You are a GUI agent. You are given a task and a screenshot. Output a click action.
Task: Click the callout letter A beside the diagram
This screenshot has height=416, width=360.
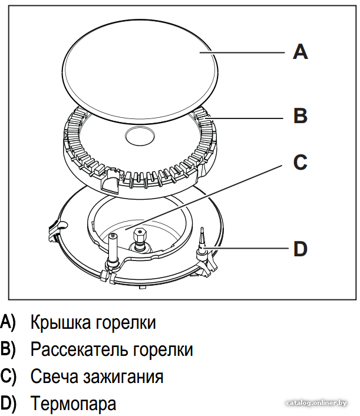(300, 52)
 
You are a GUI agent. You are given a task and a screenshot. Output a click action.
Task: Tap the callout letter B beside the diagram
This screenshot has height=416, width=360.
(300, 115)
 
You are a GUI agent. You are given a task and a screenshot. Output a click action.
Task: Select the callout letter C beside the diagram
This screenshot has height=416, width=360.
(300, 162)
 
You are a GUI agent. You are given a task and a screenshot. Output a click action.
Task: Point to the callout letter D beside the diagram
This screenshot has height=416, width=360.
(300, 249)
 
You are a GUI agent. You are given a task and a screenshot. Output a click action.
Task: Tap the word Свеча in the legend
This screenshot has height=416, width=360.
(54, 376)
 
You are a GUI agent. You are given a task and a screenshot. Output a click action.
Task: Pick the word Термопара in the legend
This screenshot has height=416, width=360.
(73, 404)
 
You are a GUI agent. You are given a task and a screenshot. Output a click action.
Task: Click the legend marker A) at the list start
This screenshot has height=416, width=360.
(8, 322)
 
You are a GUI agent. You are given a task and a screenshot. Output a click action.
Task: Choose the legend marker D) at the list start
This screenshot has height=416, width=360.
(8, 404)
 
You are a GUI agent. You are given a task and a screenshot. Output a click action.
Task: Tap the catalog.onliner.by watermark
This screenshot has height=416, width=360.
(316, 403)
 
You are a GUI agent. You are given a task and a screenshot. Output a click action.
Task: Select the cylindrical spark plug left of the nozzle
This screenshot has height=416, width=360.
(113, 249)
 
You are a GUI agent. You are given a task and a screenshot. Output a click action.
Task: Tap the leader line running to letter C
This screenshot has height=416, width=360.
(204, 197)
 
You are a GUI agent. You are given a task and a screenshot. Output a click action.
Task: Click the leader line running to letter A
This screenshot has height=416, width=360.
(242, 52)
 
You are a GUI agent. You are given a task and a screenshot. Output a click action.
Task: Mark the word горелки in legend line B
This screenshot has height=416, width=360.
(163, 350)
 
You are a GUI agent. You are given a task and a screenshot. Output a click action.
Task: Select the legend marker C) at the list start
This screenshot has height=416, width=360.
(8, 377)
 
